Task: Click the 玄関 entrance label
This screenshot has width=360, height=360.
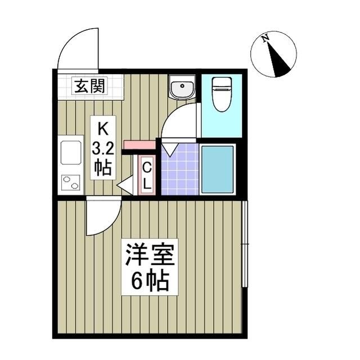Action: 90,87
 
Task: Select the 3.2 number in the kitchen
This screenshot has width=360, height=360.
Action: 102,148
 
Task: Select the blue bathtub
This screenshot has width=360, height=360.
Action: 217,169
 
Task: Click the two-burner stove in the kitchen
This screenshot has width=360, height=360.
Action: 71,182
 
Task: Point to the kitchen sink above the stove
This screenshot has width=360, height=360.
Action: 71,152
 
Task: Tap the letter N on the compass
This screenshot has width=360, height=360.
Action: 265,38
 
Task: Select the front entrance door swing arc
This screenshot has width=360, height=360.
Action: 78,49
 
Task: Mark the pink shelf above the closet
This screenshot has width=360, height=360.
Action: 139,145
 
